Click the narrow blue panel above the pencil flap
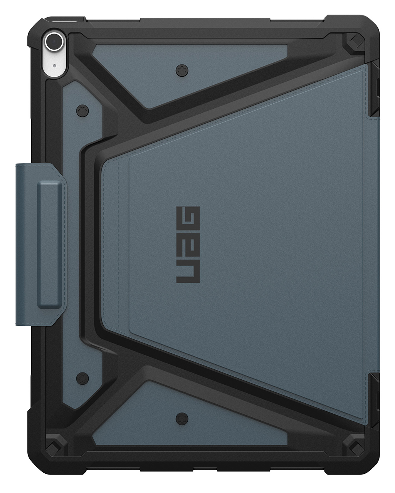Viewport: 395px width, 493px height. point(79,123)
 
